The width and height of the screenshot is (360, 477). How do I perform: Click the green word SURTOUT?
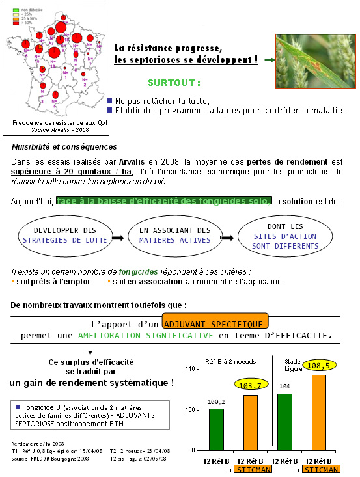[x=174, y=83]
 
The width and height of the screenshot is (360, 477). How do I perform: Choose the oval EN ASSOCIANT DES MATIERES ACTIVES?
[x=175, y=239]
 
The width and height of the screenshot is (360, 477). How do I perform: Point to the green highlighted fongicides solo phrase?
[x=163, y=201]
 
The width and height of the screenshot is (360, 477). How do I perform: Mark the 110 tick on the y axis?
[x=190, y=369]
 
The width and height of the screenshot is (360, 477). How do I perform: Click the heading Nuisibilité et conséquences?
[x=64, y=147]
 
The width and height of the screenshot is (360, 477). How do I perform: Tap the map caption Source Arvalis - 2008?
[x=50, y=130]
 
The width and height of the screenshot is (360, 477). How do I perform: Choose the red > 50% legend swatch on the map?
[x=16, y=23]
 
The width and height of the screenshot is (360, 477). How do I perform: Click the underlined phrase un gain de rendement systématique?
[x=92, y=383]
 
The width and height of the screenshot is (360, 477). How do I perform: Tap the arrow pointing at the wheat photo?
[x=268, y=60]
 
